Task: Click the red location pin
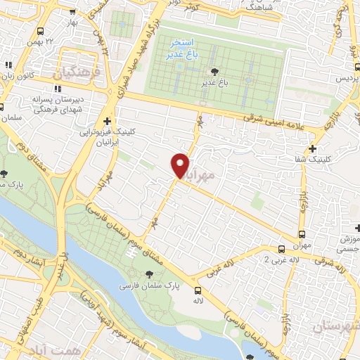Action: [x=181, y=165]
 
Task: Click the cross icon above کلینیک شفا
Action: [x=312, y=148]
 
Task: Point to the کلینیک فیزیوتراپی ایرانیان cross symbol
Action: [x=107, y=121]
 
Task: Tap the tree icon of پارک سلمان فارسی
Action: [x=148, y=275]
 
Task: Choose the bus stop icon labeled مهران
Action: [x=302, y=235]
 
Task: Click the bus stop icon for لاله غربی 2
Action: [x=281, y=249]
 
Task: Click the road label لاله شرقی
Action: [x=329, y=266]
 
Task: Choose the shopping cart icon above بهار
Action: [x=73, y=12]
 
